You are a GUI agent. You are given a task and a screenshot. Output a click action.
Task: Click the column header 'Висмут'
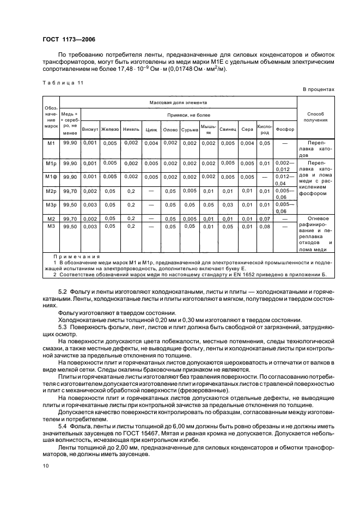pyautogui.click(x=90, y=129)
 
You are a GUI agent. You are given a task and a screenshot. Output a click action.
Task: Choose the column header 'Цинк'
pyautogui.click(x=151, y=130)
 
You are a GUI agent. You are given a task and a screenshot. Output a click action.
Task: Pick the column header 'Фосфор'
pyautogui.click(x=284, y=129)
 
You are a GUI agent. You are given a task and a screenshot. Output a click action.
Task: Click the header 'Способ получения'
pyautogui.click(x=315, y=117)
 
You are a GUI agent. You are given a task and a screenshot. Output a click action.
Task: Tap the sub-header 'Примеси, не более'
pyautogui.click(x=188, y=116)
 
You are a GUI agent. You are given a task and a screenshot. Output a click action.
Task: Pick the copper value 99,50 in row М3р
pyautogui.click(x=70, y=205)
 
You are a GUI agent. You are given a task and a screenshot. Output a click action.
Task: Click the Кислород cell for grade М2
pyautogui.click(x=264, y=218)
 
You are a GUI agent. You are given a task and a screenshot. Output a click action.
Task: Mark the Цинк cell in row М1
pyautogui.click(x=151, y=143)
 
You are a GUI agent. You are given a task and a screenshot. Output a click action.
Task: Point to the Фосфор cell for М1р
pyautogui.click(x=284, y=166)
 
